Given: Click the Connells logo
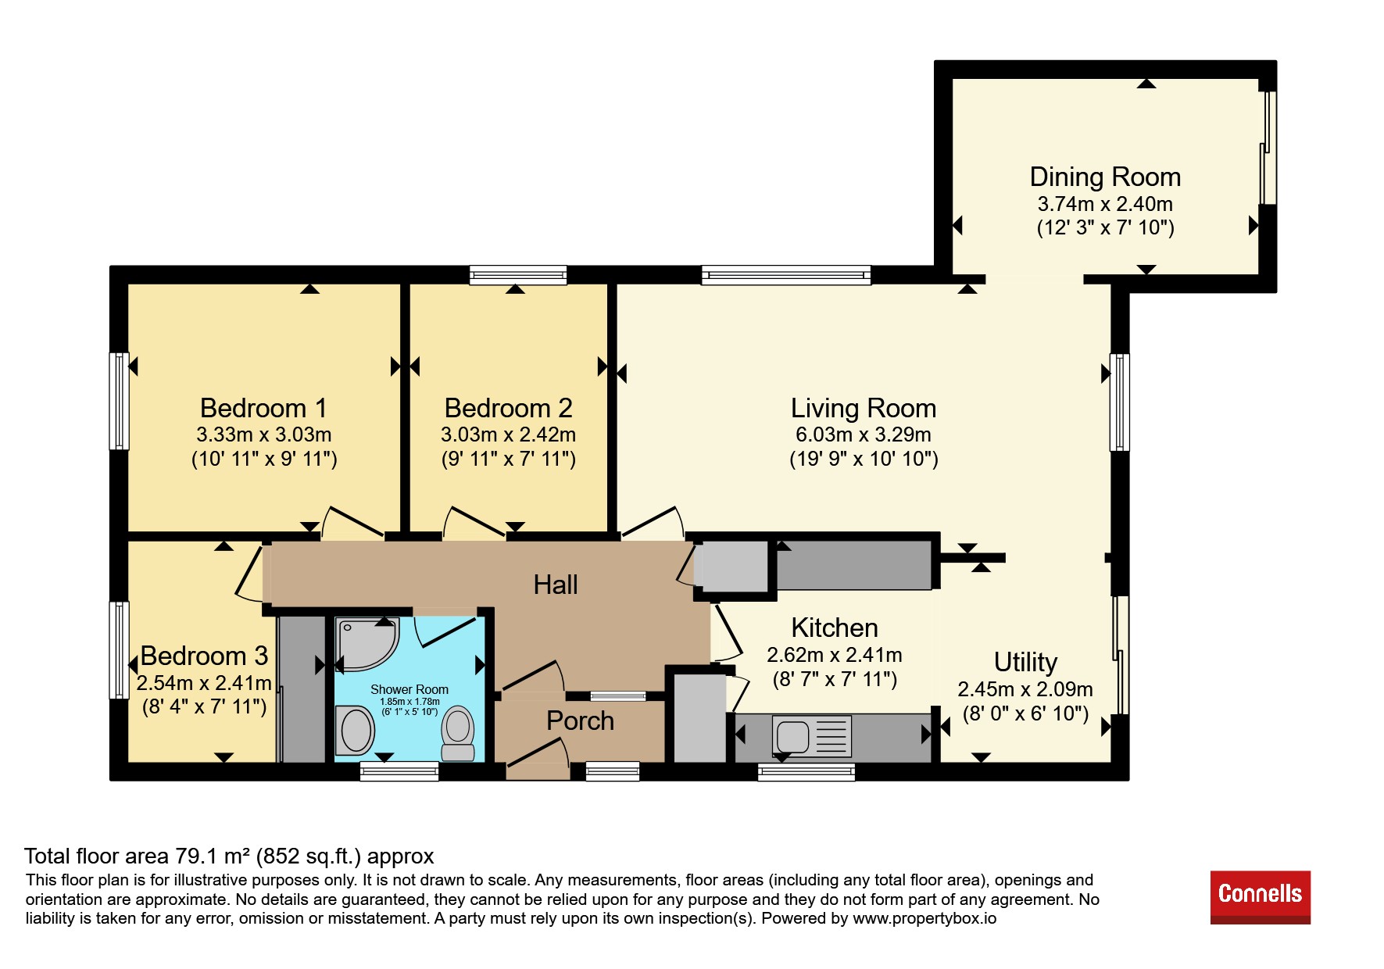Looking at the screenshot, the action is click(1260, 897).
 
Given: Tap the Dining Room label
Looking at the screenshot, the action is click(1105, 177).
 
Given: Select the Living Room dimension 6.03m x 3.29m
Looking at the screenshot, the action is click(864, 434).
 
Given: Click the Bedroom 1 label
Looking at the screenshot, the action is click(263, 408).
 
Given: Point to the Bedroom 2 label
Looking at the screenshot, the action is click(508, 408).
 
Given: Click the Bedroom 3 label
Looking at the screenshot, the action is click(204, 656).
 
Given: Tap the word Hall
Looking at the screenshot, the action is click(556, 585).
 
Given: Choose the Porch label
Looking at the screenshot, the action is click(580, 720).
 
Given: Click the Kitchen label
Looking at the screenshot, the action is click(835, 628).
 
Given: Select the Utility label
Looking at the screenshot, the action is click(1025, 663).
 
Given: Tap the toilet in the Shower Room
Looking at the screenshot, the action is click(458, 734).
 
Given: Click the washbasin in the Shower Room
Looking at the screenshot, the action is click(355, 730).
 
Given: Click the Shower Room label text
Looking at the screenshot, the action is click(409, 689).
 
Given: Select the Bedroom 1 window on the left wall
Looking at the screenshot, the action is click(119, 401).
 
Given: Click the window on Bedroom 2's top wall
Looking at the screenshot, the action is click(518, 275).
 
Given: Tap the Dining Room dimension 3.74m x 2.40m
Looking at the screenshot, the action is click(1105, 204).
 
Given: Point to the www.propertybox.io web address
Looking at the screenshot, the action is click(924, 918).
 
